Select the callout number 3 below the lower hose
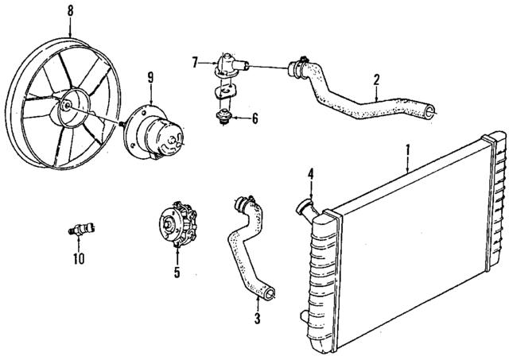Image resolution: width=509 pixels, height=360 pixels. pos(257,320)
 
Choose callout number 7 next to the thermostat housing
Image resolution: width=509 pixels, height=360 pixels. pos(194,60)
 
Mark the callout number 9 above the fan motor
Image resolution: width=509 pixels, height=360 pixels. pos(150,77)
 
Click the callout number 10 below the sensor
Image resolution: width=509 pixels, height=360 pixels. pos(78,258)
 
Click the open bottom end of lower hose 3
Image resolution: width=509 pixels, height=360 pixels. pos(270,295)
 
